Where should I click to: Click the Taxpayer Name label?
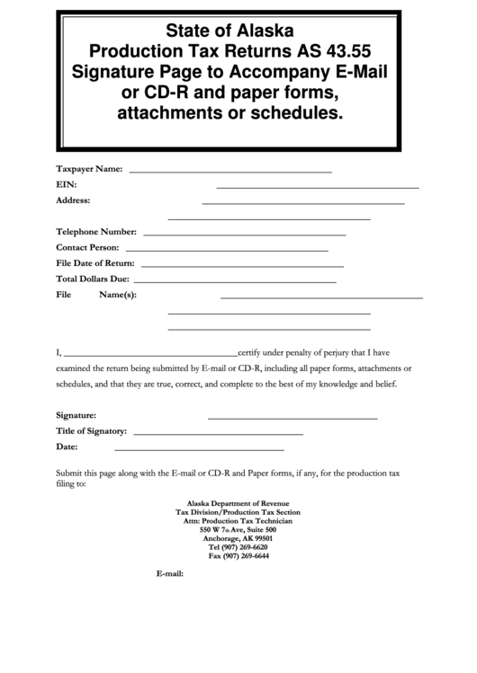(89, 168)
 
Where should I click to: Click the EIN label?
(65, 184)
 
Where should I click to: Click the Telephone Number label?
(96, 231)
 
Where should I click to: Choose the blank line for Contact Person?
(226, 250)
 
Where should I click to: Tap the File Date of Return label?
(95, 262)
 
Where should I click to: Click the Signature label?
(76, 416)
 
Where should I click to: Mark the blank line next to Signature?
(292, 418)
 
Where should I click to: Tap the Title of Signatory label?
(91, 431)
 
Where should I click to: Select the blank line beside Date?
(199, 448)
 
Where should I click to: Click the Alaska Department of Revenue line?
(238, 504)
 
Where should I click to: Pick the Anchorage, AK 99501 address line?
(238, 538)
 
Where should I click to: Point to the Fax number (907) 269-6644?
(238, 555)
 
